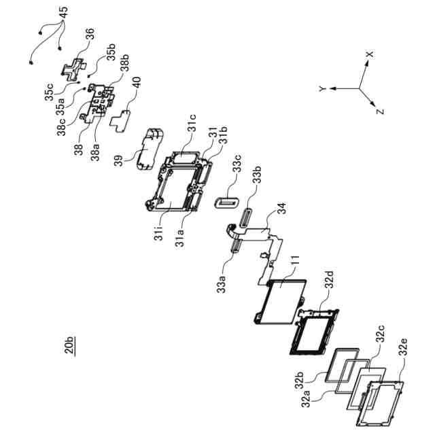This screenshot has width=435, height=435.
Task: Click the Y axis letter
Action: pos(321,89)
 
